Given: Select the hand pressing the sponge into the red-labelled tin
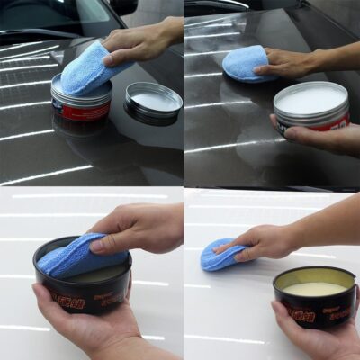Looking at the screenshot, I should [x=139, y=40].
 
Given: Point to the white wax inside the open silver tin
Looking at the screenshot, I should [x=310, y=98].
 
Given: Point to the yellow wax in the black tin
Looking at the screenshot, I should [x=314, y=289].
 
